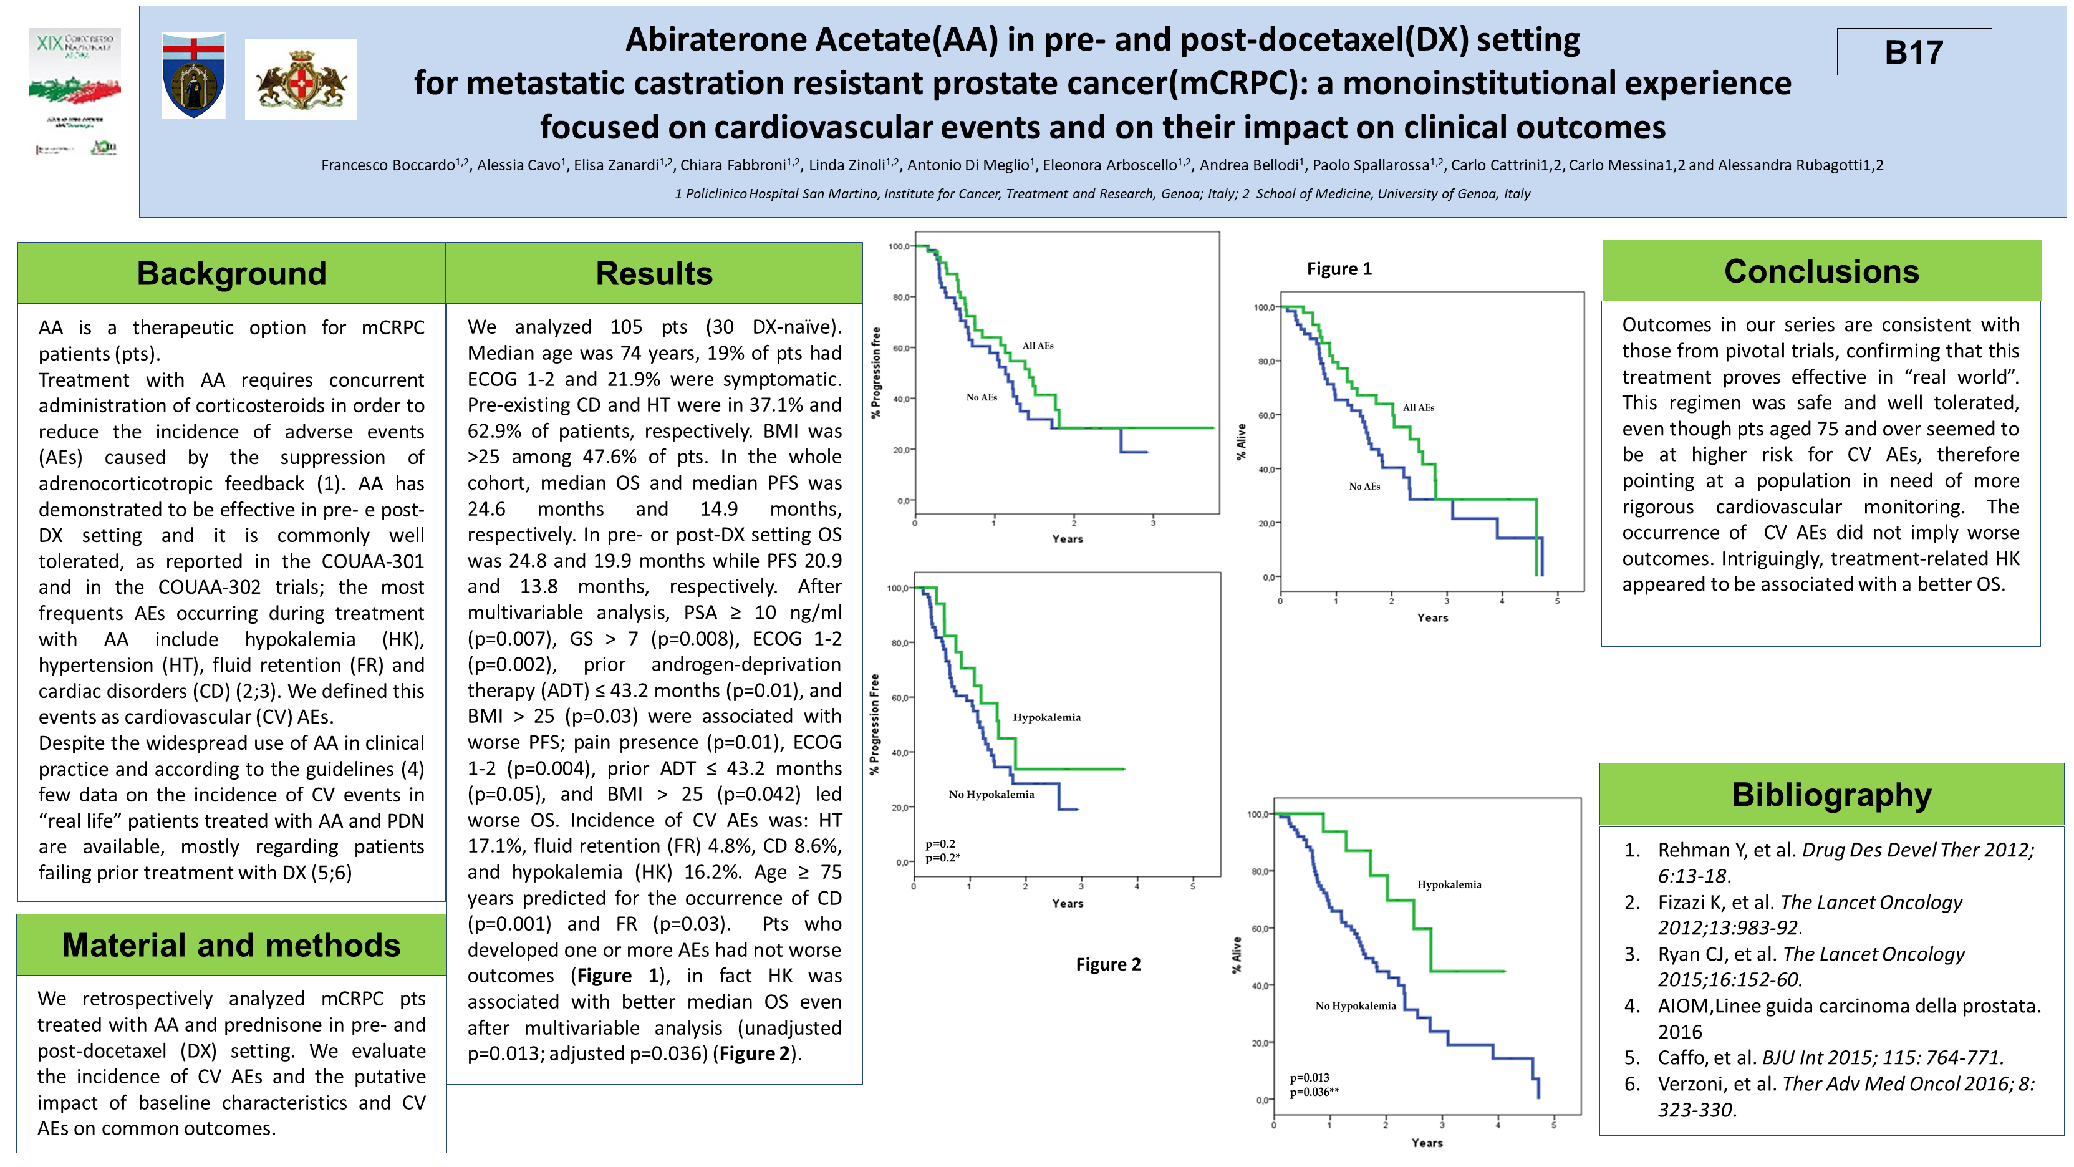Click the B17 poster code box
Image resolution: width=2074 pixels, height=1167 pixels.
(1914, 52)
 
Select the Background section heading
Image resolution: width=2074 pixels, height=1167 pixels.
(231, 274)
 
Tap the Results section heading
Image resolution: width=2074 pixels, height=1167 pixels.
(654, 274)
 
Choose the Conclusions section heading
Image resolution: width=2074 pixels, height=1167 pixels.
(1821, 271)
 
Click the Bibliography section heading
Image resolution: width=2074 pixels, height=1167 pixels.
(1831, 794)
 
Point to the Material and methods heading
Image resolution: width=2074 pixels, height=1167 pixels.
(231, 945)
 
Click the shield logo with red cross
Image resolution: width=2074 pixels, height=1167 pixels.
(193, 75)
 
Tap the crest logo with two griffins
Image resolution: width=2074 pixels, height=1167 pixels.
(301, 79)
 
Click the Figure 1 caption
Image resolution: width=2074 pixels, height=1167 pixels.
(1339, 269)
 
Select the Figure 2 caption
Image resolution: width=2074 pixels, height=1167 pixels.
(1108, 964)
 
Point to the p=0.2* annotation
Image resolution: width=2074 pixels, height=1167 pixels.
(942, 858)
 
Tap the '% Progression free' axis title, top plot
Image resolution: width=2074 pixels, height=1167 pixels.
(876, 372)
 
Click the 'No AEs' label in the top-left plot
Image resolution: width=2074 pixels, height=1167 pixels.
(982, 397)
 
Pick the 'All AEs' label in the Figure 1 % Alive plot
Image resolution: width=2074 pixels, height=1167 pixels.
(1418, 407)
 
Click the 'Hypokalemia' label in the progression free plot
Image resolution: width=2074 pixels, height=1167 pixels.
(1046, 717)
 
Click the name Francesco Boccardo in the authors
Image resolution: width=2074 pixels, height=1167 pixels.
(388, 165)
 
